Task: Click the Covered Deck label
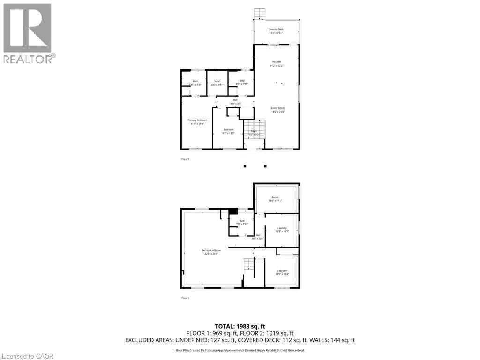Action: (x=276, y=29)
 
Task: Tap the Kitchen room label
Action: (x=277, y=62)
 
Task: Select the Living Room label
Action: (x=278, y=108)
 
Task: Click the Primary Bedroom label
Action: (x=197, y=120)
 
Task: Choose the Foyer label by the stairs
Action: (x=254, y=131)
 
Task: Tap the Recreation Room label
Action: (x=211, y=250)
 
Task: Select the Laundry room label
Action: (x=282, y=228)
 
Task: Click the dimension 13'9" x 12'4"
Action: (x=282, y=274)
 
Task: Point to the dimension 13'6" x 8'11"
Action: (x=275, y=200)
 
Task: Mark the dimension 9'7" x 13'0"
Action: (x=228, y=133)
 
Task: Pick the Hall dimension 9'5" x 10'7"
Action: (x=258, y=238)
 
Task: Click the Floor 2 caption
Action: (x=185, y=159)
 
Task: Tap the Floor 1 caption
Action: (x=185, y=298)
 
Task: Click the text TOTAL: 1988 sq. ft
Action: (x=240, y=326)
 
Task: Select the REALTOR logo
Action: (x=28, y=33)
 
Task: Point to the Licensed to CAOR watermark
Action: (x=27, y=356)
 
